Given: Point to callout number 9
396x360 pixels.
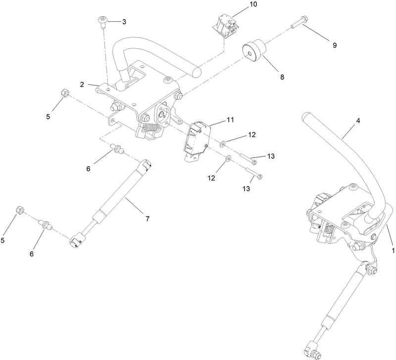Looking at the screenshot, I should (335, 45).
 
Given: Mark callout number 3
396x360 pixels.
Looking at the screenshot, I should (124, 22).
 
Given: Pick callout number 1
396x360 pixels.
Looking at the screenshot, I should (393, 250).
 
